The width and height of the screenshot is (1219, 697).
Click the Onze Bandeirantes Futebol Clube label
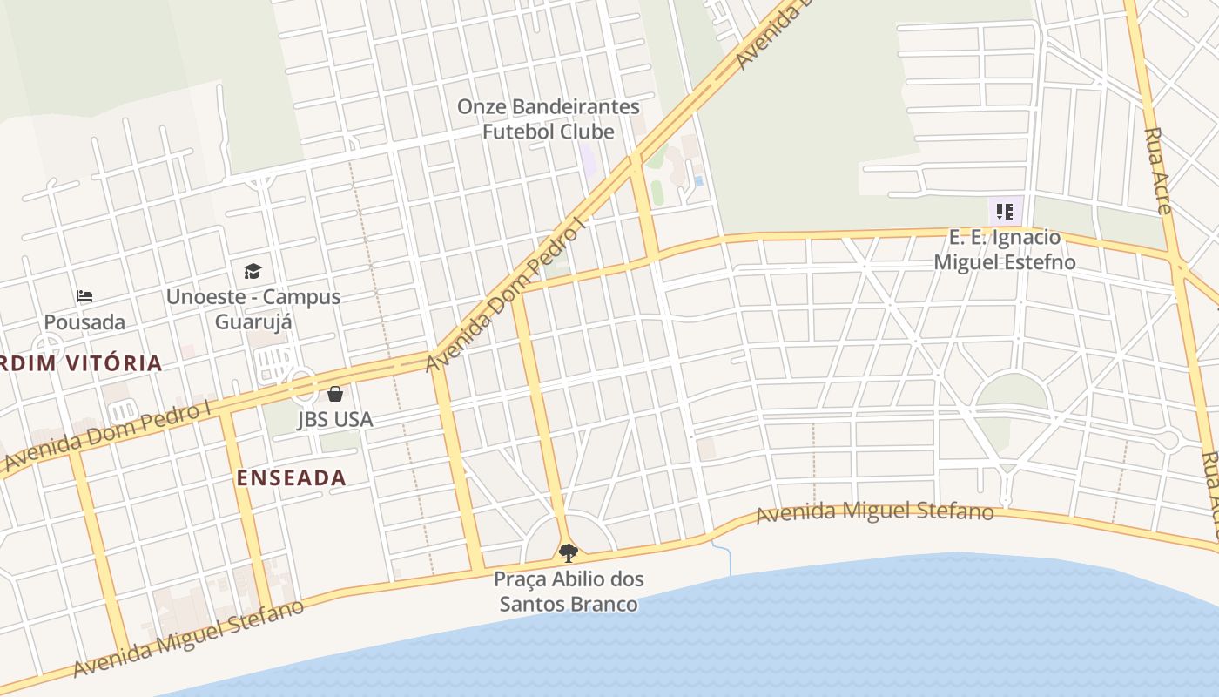click(549, 119)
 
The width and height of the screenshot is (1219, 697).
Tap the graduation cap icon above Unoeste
click(253, 271)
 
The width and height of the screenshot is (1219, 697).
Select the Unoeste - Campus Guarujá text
click(253, 309)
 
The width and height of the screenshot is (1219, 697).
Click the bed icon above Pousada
click(84, 296)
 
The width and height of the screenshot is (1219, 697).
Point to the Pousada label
click(84, 322)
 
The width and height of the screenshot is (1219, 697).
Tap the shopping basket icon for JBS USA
click(335, 394)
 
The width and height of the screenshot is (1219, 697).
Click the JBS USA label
click(335, 419)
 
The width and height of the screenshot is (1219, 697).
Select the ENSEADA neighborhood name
click(292, 477)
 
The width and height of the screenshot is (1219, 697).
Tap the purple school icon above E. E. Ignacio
click(1004, 211)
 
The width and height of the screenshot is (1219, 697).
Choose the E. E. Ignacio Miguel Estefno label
click(1004, 249)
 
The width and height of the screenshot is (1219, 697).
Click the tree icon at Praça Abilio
click(569, 552)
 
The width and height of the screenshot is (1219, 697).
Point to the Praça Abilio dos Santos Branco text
click(569, 592)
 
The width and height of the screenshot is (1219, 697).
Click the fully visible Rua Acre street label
click(1158, 171)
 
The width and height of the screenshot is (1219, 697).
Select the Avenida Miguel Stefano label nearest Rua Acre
click(874, 512)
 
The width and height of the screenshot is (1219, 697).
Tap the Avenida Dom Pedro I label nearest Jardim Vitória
click(109, 435)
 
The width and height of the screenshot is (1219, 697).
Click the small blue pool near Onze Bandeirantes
click(699, 181)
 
